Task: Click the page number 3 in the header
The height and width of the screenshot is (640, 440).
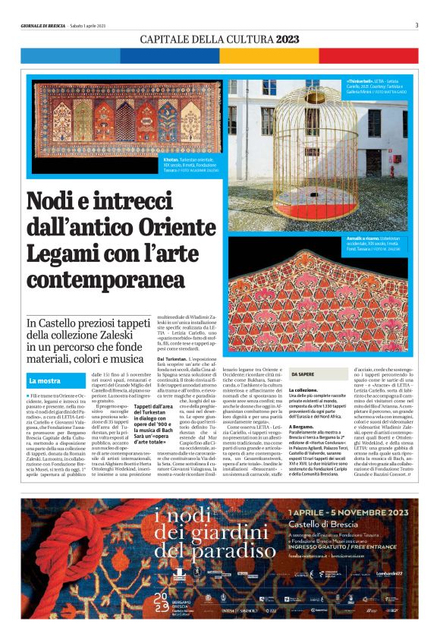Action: point(416,24)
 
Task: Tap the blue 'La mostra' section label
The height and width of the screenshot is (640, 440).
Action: point(45,379)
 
